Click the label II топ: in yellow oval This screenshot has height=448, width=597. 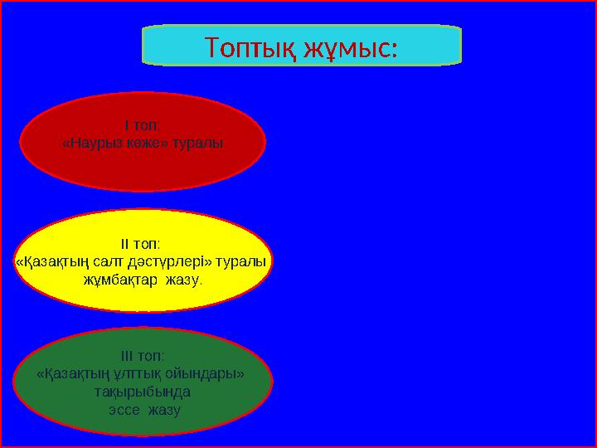(x=142, y=245)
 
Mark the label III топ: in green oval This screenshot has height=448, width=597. (x=142, y=357)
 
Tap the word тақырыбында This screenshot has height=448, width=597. (x=143, y=392)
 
